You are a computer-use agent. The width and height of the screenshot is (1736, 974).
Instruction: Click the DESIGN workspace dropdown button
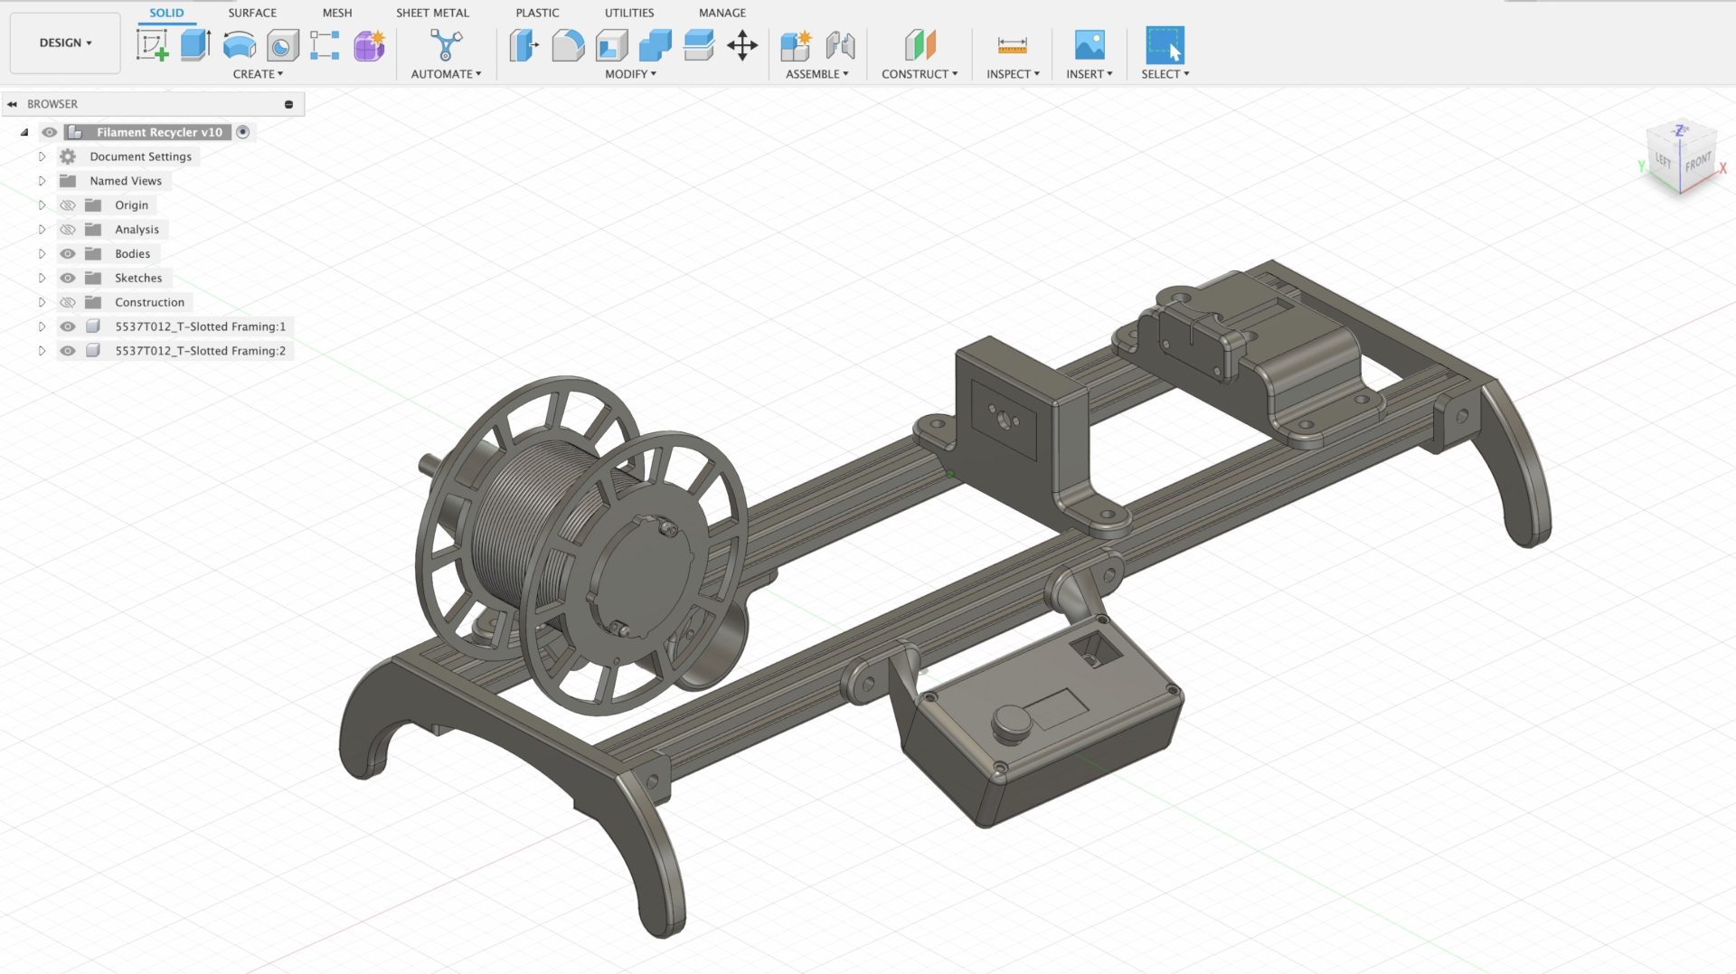[x=65, y=43]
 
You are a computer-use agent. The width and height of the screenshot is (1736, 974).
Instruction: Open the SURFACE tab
[x=252, y=13]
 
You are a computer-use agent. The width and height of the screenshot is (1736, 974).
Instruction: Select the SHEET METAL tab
[x=432, y=13]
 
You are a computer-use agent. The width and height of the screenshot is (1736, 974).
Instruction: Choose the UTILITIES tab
[x=629, y=13]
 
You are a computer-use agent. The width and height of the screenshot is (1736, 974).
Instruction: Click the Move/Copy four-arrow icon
[x=742, y=45]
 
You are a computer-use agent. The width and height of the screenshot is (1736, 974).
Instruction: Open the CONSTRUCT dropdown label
[x=920, y=74]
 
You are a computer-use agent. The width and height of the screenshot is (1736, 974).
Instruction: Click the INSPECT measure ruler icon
[x=1012, y=45]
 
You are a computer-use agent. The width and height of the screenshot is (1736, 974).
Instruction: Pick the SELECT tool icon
[x=1165, y=45]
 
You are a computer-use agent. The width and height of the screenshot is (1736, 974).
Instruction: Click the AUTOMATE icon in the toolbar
[x=446, y=45]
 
